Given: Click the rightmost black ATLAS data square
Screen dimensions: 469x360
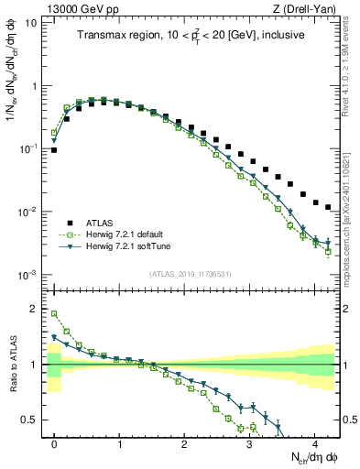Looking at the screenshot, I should click(x=328, y=208).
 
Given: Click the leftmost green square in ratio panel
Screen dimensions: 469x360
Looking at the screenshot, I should click(x=54, y=314).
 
